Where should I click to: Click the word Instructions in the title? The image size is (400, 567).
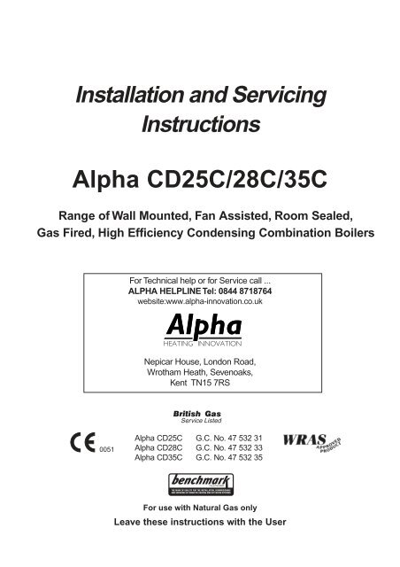(x=200, y=125)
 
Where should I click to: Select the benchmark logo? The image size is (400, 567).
(x=200, y=485)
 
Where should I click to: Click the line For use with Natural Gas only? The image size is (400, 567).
(x=200, y=511)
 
